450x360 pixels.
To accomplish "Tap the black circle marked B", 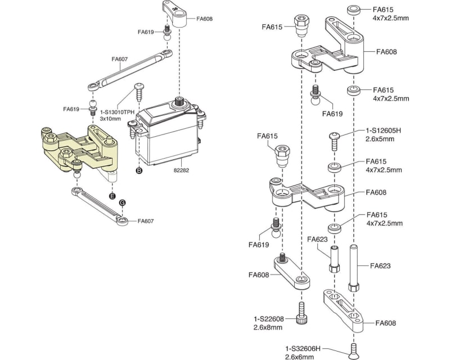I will pos(138,169).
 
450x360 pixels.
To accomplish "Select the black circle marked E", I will pos(112,196).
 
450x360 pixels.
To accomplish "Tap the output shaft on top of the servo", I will pos(179,102).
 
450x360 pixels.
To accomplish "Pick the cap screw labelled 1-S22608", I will pos(302,313).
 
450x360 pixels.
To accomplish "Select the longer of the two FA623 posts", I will pos(354,267).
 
